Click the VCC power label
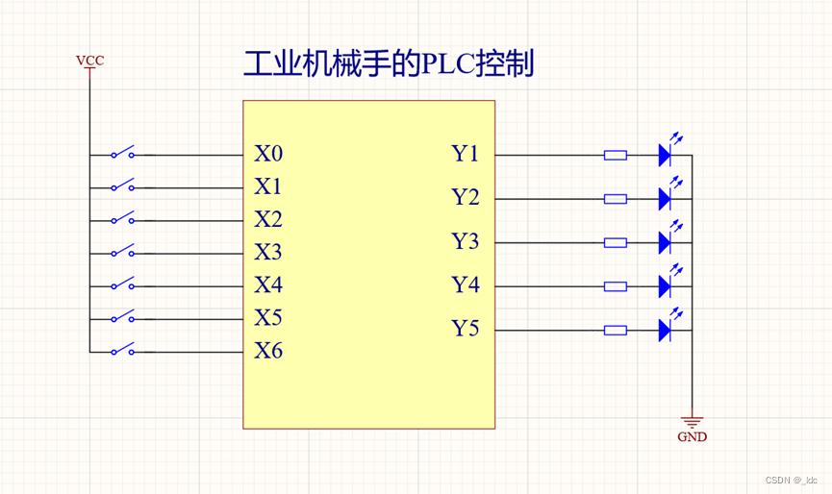coord(89,62)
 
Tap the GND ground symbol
coord(691,423)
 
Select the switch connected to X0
coord(121,154)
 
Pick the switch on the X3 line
coord(121,253)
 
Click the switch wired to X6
coord(121,351)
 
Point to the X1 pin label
coord(268,186)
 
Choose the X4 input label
coord(268,285)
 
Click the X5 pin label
coord(268,318)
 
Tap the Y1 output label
coord(466,154)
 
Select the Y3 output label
coord(466,241)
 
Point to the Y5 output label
coord(466,330)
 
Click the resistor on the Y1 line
coord(615,155)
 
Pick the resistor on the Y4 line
coord(615,286)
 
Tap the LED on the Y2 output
coord(665,198)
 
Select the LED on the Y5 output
coord(665,330)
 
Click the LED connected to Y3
coord(665,242)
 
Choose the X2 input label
coord(268,219)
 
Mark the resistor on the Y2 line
coord(615,199)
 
